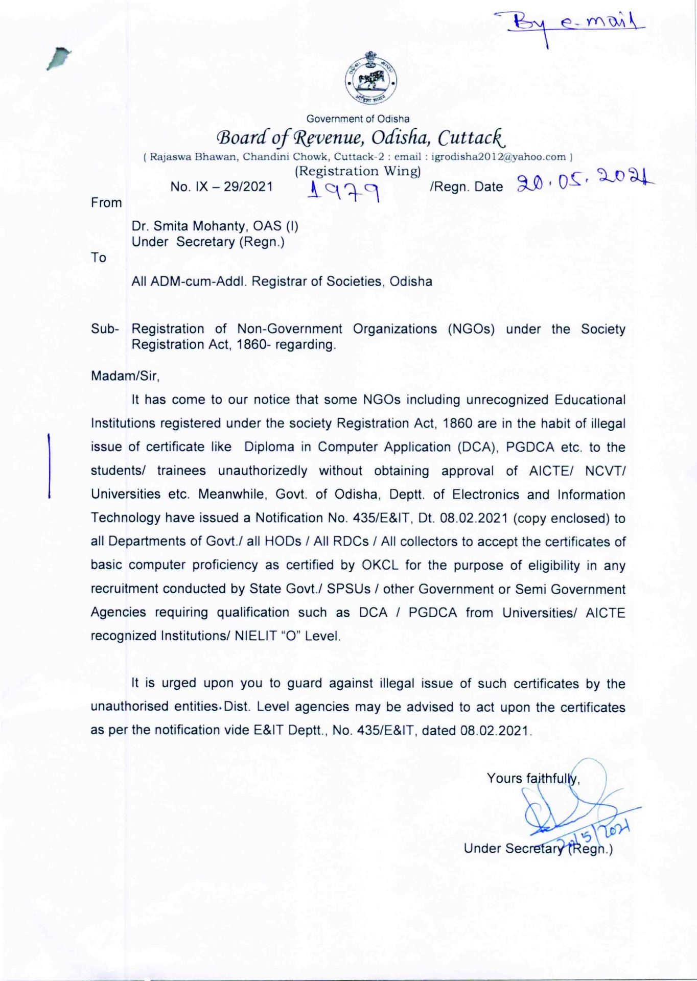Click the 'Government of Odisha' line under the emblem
click(x=358, y=119)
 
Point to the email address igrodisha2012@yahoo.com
click(x=498, y=157)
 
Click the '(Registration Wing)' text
click(x=358, y=171)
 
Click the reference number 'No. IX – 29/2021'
click(x=222, y=187)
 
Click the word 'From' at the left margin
click(x=106, y=203)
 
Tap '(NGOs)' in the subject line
click(x=471, y=329)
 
